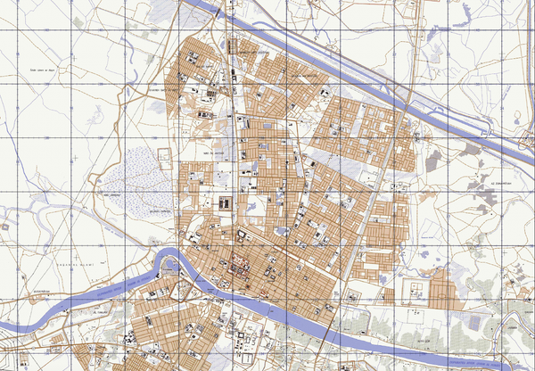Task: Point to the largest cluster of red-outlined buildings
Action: pos(241,264)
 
